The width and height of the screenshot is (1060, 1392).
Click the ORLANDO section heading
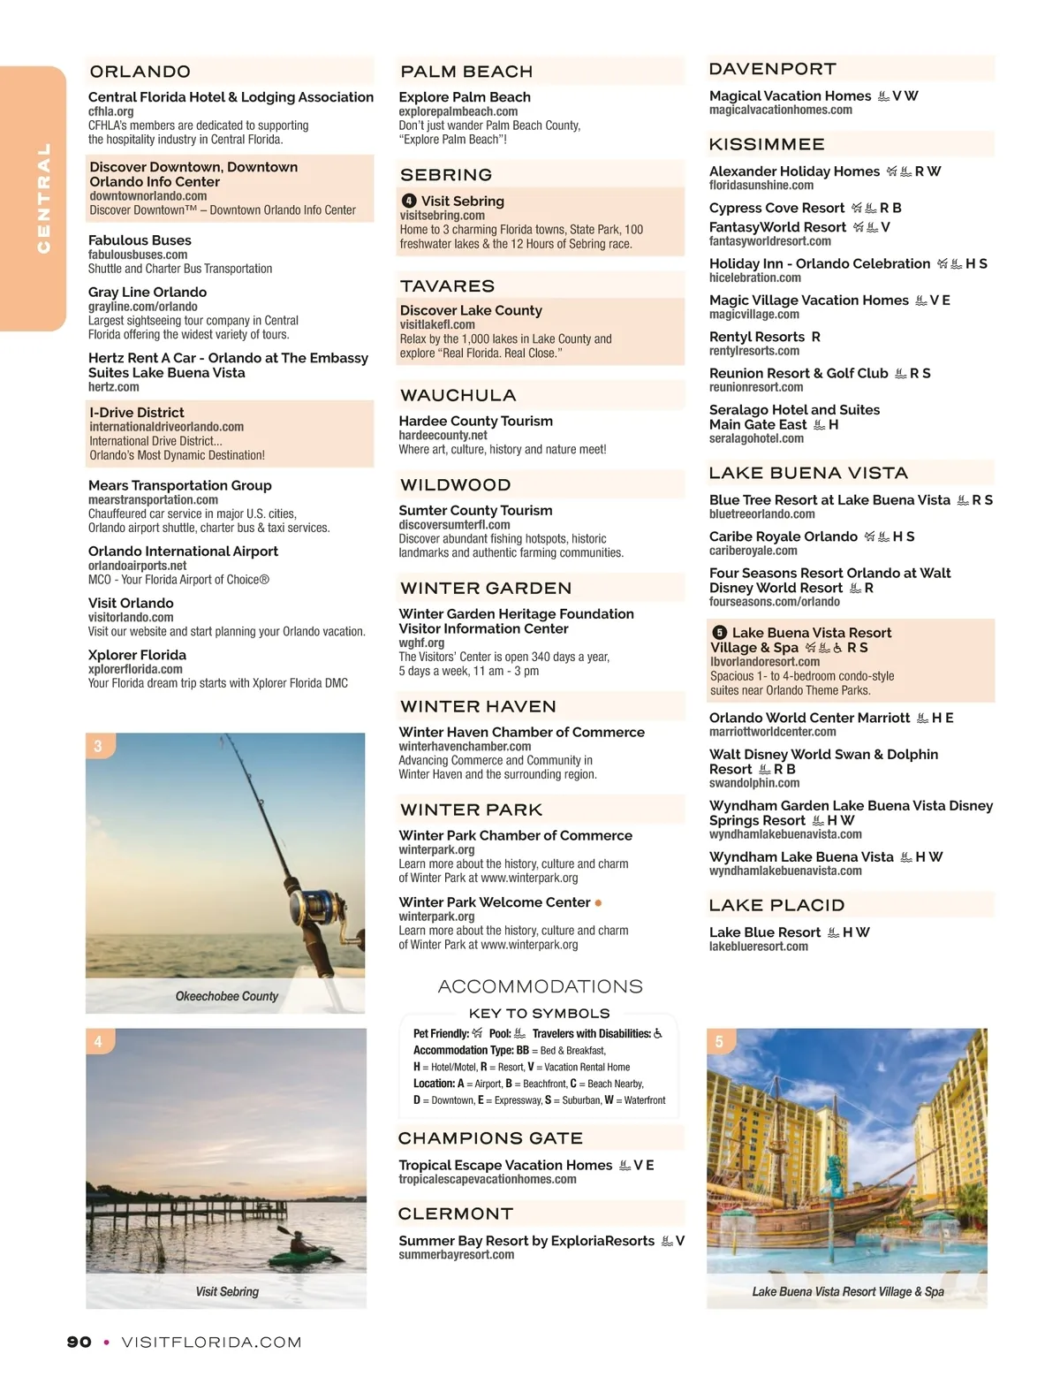tap(140, 72)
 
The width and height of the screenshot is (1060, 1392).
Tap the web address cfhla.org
tap(111, 111)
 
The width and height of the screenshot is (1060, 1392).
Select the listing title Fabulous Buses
tap(140, 240)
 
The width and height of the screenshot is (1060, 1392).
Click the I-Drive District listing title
tap(137, 413)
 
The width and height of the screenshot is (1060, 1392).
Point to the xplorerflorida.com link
tap(135, 669)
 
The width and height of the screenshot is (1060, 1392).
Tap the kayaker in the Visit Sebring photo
tap(300, 1246)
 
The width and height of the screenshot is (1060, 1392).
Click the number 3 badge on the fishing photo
tap(98, 746)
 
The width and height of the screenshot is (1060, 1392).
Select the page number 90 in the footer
tap(79, 1342)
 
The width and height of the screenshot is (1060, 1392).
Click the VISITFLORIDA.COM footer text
tap(212, 1342)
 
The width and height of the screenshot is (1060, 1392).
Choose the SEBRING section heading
tap(446, 175)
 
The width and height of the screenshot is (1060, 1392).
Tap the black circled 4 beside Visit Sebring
tap(409, 202)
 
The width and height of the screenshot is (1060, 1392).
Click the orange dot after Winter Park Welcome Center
tap(599, 903)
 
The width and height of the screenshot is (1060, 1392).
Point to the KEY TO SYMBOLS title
tap(539, 1014)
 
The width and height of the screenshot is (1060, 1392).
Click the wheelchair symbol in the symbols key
tap(658, 1033)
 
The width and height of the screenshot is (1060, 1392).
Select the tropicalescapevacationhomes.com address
tap(488, 1179)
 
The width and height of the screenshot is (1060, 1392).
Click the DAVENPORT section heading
tap(773, 69)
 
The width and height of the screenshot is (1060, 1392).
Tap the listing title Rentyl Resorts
tap(757, 337)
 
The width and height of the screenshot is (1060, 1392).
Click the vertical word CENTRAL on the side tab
tap(42, 198)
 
